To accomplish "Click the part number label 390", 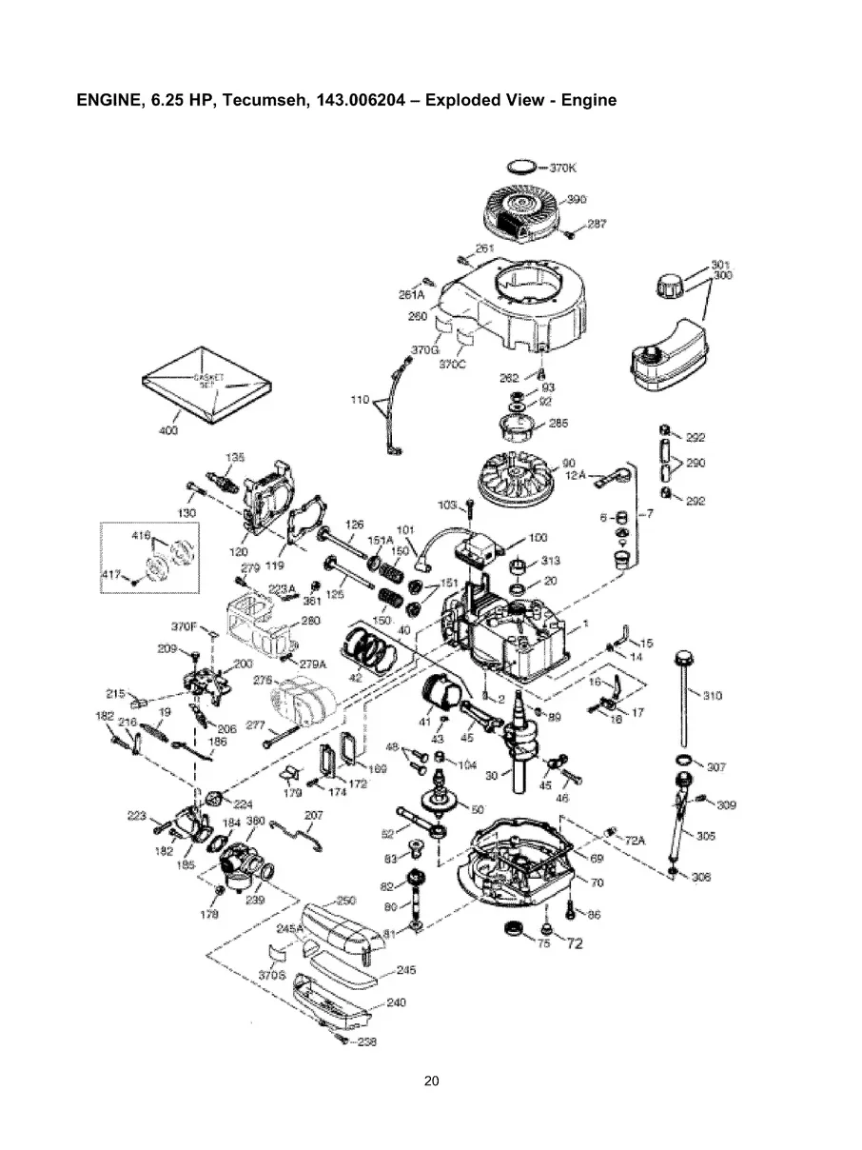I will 577,199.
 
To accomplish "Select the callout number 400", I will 167,431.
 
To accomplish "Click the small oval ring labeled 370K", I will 519,167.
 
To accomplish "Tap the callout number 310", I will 712,695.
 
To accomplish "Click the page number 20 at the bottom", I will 431,1081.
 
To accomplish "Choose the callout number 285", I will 558,424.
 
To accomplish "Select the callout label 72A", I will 635,842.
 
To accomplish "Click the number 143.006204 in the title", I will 362,100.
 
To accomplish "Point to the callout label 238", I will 366,1041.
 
